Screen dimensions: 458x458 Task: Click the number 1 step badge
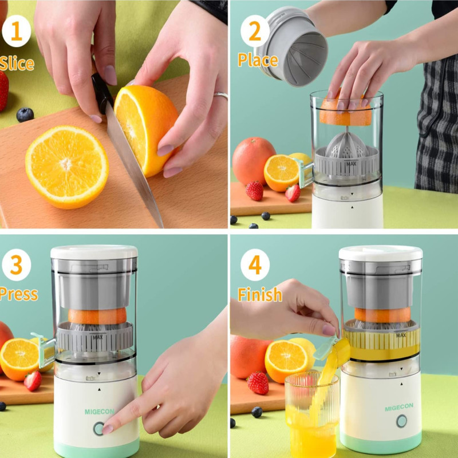point(17,31)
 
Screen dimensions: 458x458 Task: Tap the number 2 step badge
point(255,31)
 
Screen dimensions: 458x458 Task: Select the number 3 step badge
point(17,264)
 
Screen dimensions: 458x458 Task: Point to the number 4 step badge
point(255,264)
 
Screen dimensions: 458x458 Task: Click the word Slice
point(17,64)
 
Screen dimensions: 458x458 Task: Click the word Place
point(258,60)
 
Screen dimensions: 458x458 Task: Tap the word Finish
point(260,294)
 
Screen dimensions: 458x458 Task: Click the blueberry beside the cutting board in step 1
point(25,114)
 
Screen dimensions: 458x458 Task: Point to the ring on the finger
point(221,95)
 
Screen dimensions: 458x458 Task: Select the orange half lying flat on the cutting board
point(67,167)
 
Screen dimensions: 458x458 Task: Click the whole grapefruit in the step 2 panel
point(253,161)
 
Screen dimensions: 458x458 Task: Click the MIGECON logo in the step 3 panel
point(100,412)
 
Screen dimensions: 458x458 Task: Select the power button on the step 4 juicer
point(402,421)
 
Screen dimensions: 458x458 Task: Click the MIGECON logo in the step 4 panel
point(399,407)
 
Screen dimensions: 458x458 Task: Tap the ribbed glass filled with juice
point(311,414)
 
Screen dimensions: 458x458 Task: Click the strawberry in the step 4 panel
point(258,382)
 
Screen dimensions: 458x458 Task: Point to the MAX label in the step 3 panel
point(98,337)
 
